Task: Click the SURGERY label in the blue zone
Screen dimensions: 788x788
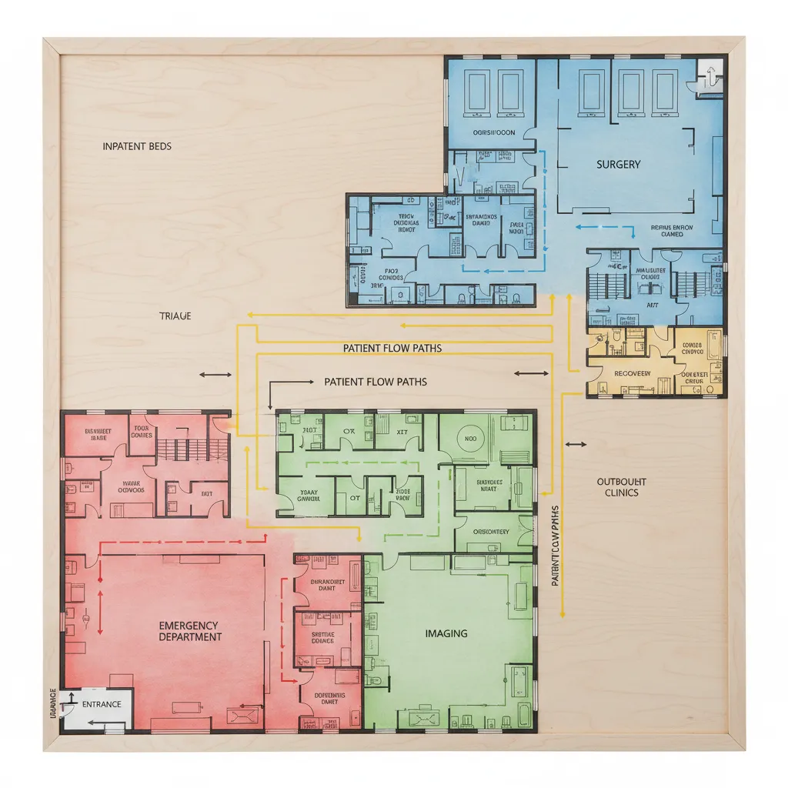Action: coord(618,164)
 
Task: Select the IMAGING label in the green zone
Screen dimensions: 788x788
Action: coord(446,633)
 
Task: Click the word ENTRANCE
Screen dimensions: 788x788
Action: coord(102,704)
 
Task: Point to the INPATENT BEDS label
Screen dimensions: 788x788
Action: coord(137,145)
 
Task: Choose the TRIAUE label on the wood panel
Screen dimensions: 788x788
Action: coord(175,316)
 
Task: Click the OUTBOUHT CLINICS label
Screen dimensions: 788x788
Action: coord(621,487)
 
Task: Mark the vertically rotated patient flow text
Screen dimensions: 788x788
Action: coord(555,546)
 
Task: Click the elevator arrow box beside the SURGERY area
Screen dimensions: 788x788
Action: coord(710,75)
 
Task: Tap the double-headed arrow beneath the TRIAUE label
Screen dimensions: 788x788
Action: coord(215,375)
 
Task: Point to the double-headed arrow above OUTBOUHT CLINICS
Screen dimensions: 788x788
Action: coord(575,444)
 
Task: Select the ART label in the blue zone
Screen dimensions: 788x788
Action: coord(653,306)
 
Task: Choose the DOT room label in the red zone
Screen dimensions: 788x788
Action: coord(206,494)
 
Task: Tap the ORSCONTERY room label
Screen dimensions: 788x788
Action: coord(490,531)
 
